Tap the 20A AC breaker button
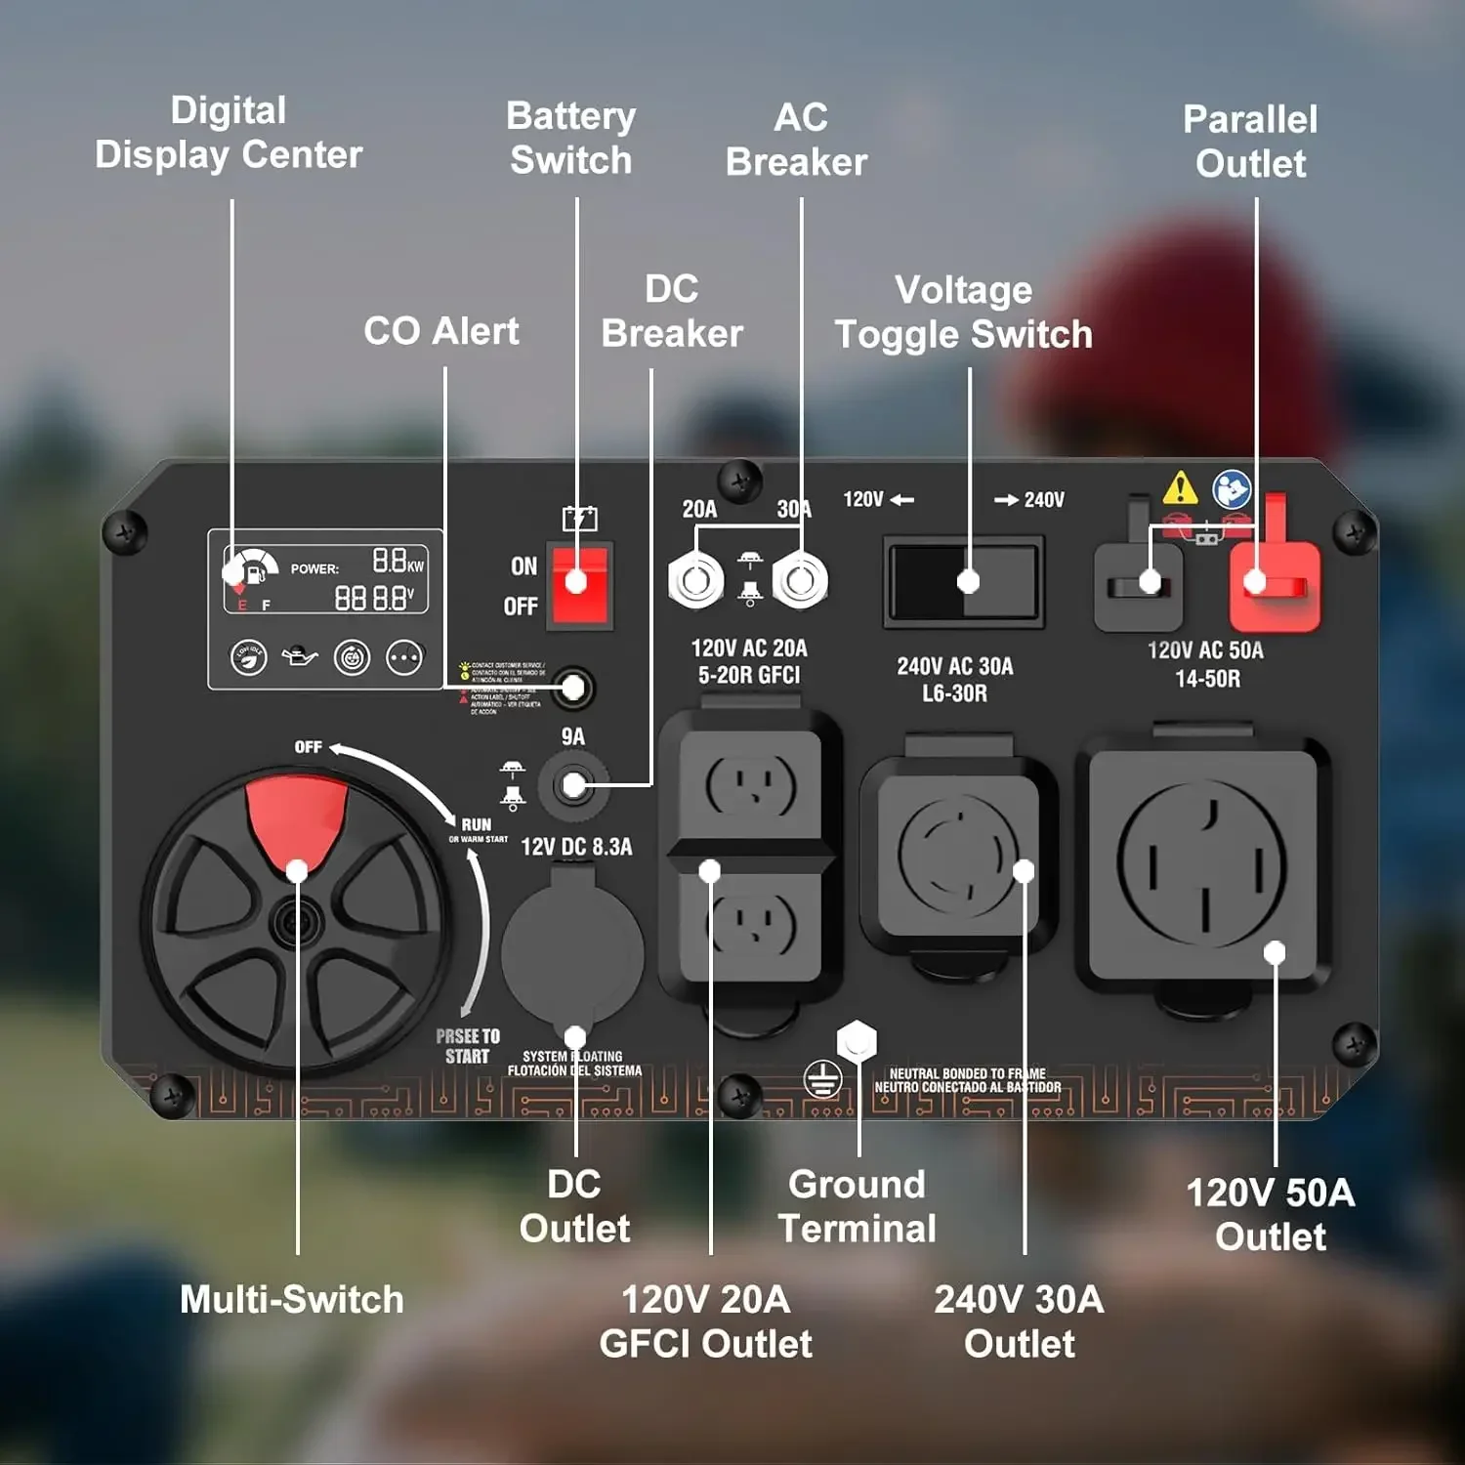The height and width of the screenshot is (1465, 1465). tap(695, 581)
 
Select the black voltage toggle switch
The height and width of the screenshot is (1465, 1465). tap(963, 581)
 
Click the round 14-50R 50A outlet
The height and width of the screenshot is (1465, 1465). tap(1202, 864)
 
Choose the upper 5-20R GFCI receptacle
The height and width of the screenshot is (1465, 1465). tap(750, 785)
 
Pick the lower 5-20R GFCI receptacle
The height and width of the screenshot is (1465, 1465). tap(750, 924)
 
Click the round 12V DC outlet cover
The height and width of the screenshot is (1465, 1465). tap(572, 950)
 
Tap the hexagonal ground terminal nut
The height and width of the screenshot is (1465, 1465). tap(857, 1040)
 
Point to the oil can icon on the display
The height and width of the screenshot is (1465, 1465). tap(300, 657)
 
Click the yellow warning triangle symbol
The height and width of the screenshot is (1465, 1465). tap(1180, 487)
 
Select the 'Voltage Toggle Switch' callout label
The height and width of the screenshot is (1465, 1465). tap(963, 313)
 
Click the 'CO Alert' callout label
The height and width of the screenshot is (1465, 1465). tap(441, 331)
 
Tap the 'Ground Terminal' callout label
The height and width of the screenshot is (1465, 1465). tap(857, 1206)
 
